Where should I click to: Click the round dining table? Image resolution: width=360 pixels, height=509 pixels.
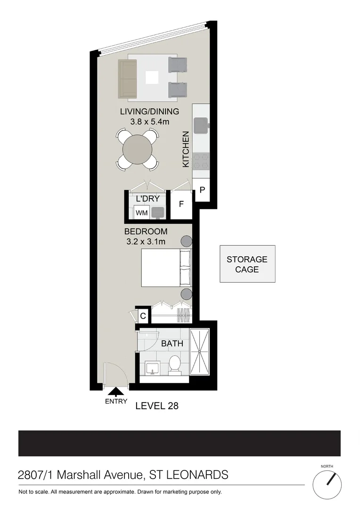[138, 149]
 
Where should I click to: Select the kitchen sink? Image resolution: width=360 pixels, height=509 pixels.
[201, 125]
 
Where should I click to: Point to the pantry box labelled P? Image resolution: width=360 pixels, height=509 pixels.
[202, 190]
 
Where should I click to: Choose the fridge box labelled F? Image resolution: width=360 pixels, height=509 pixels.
[181, 205]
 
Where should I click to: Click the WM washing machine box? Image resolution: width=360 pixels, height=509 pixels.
[142, 213]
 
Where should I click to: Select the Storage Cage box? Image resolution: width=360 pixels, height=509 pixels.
[247, 264]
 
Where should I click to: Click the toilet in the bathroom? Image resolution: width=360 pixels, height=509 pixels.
[175, 365]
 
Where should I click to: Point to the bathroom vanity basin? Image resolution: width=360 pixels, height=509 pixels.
[152, 367]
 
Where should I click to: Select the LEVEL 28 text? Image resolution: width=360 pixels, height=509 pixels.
[157, 405]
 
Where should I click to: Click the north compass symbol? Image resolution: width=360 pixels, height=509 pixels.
[333, 482]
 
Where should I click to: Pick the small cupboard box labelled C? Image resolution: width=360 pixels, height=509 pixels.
[143, 316]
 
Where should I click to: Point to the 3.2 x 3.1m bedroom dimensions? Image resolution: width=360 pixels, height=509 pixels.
[146, 242]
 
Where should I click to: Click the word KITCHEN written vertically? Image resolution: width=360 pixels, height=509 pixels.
[186, 149]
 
